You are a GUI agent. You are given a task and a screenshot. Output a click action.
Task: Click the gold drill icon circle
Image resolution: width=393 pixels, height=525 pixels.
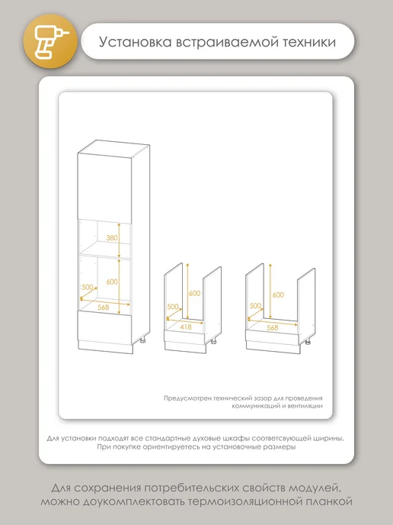pos(50,41)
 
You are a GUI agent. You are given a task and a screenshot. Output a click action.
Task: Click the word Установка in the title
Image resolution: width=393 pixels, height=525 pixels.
pos(136,42)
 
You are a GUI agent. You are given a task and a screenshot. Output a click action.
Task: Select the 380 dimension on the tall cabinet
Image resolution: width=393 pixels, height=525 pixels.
pos(112,238)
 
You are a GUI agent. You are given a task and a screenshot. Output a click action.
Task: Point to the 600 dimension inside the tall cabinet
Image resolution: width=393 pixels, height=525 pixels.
pos(112,282)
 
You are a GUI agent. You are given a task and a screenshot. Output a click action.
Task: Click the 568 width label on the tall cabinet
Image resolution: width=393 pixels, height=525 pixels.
pos(104,307)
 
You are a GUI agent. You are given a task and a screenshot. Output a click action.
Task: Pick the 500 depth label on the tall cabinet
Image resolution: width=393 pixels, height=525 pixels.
pos(88,287)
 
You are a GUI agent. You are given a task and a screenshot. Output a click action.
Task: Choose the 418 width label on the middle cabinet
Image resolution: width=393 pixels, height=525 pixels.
pos(186,327)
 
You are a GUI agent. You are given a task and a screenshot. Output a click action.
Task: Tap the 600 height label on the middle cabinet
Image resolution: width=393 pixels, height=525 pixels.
pos(194,293)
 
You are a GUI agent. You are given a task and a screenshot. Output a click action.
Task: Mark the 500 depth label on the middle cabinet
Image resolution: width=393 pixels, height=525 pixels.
pos(173,306)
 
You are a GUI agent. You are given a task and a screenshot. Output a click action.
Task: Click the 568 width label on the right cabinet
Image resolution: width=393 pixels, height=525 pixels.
pos(273,328)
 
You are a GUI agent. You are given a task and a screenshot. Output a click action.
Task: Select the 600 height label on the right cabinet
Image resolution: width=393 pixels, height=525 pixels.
pos(278,295)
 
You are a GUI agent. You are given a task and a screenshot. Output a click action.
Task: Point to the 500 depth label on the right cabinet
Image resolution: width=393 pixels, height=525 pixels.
pos(255,306)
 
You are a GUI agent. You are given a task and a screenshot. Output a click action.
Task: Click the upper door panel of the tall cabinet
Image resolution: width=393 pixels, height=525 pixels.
pos(104,188)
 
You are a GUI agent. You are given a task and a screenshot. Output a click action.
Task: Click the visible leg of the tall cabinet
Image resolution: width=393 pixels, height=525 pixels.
pos(143,340)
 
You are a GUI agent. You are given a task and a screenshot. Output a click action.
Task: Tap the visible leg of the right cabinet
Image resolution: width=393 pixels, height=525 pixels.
pos(308,342)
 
